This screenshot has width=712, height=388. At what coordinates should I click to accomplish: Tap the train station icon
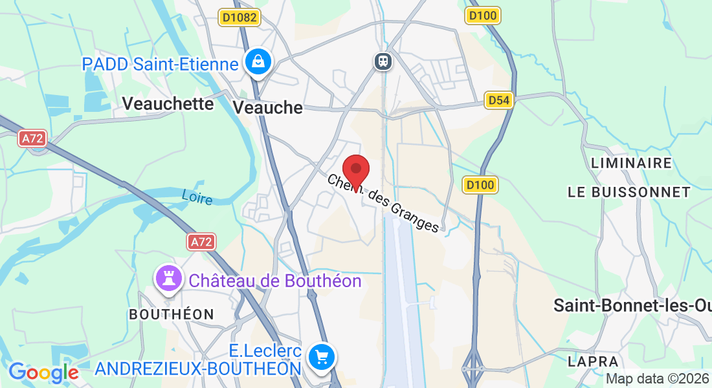pos(383,61)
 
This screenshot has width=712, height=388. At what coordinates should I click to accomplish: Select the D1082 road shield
pos(239,17)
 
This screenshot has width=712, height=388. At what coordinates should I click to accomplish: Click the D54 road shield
pos(499,100)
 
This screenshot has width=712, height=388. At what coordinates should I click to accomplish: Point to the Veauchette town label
pos(168,103)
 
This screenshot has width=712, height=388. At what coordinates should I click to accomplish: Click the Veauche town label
pos(267,107)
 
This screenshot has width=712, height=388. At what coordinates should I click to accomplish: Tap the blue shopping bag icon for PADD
pos(258,62)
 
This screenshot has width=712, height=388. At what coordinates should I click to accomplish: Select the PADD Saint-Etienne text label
pos(160,64)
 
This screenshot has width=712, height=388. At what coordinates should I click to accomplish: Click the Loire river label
pos(197,197)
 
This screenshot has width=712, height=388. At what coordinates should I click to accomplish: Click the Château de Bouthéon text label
pos(274,281)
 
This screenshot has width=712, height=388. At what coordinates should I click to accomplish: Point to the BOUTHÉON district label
pos(172,314)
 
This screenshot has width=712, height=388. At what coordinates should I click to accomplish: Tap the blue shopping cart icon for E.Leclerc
pos(322,356)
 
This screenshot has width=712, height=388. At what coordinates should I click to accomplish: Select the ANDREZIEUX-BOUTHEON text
pos(198,369)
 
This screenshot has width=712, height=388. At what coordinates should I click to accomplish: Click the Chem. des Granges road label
pos(383,202)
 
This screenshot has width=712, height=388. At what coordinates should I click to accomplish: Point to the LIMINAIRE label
pos(631,163)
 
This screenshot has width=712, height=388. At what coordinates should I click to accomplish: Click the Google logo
pos(43,372)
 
